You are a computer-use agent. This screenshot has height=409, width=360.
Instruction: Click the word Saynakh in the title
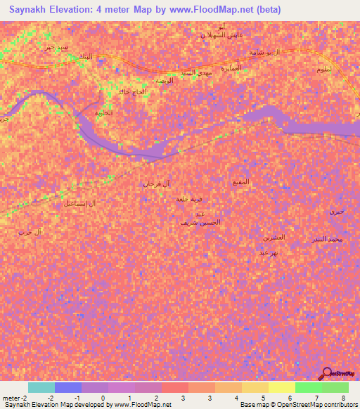tap(30, 10)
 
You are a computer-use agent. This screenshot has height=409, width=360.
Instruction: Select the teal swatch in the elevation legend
tap(41, 387)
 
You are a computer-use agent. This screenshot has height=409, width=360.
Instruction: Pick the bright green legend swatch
tap(309, 387)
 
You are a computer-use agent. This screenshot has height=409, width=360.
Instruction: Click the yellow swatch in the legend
tap(282, 387)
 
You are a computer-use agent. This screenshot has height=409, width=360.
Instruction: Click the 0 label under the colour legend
tap(103, 398)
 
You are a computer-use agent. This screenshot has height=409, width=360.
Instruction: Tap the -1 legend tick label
tap(77, 398)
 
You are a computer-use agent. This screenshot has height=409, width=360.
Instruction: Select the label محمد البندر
tap(327, 240)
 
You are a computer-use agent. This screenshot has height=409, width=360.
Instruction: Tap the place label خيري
tap(337, 212)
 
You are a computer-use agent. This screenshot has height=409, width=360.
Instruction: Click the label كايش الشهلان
tap(207, 35)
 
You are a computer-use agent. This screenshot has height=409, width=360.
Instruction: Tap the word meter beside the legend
tap(13, 398)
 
